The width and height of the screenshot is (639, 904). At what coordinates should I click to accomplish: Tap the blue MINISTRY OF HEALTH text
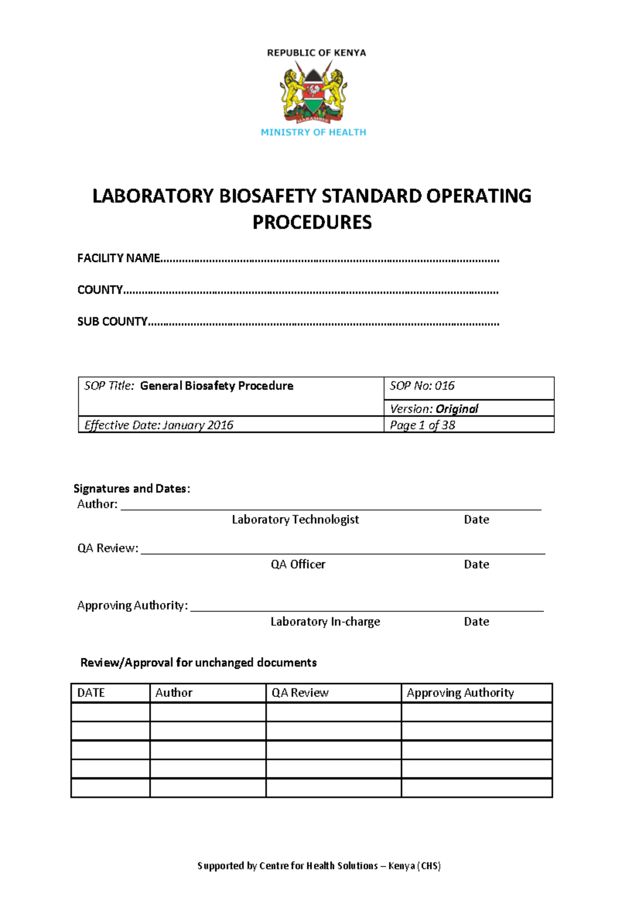(314, 132)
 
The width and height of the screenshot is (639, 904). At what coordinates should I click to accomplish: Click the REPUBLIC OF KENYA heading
(316, 53)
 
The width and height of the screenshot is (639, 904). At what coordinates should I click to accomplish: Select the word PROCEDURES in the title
(312, 222)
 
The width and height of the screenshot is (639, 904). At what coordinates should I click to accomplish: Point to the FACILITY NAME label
(119, 258)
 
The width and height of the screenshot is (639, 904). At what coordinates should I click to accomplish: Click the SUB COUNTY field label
(112, 322)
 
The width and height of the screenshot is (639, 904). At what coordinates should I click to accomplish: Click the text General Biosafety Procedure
(217, 386)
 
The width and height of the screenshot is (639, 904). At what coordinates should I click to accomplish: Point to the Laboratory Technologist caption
(295, 520)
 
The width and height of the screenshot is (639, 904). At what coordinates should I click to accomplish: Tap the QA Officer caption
(298, 564)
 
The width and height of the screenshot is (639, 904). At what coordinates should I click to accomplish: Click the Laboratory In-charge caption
(325, 621)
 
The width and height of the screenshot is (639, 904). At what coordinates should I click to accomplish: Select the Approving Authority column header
(460, 693)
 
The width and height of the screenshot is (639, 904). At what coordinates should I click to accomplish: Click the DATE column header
(91, 693)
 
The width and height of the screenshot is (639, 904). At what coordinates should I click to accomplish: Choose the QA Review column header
(300, 693)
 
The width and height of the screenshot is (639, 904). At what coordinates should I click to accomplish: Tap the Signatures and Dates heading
(132, 489)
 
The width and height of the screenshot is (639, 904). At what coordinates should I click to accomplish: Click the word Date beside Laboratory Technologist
(476, 520)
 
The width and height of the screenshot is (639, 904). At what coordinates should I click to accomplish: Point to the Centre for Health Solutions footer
(319, 866)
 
